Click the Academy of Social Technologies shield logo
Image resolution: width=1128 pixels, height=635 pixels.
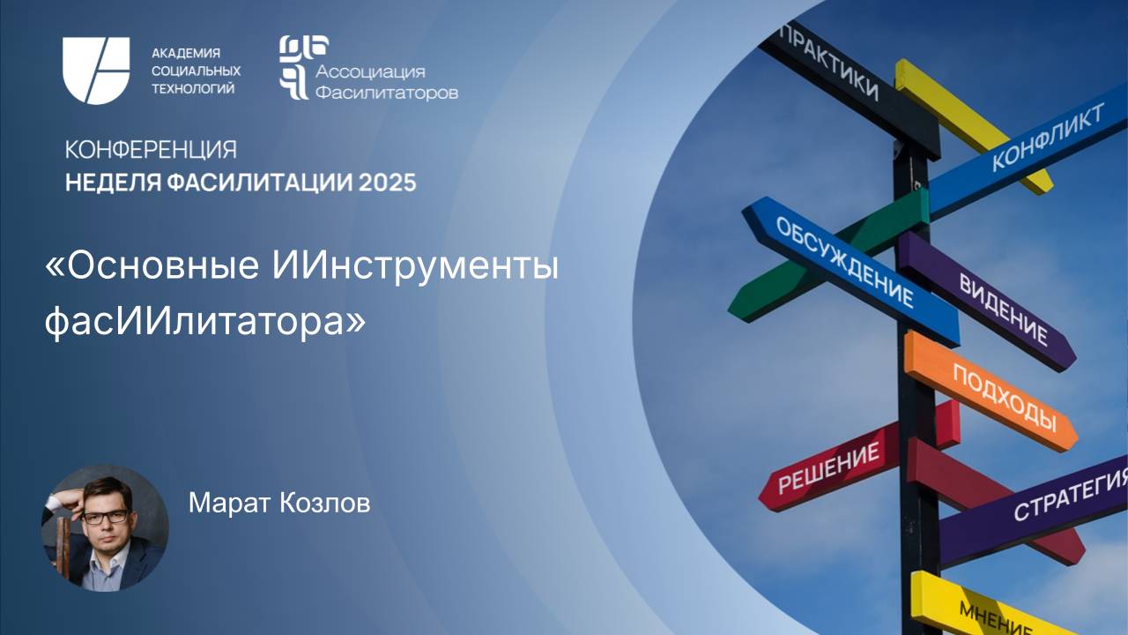point(95,71)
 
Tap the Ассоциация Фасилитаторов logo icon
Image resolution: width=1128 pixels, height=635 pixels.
point(293,66)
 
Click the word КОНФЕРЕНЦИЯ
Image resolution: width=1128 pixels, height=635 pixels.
point(151,149)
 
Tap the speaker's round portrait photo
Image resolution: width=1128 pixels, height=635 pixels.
point(105,528)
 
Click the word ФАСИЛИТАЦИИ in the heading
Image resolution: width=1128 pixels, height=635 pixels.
point(252,183)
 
